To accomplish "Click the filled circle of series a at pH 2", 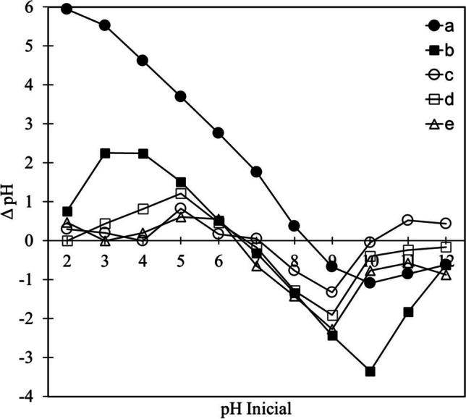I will click(67, 9).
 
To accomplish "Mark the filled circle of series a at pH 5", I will click(181, 96).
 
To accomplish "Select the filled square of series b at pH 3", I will click(105, 153).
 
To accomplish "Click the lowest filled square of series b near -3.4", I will click(370, 371).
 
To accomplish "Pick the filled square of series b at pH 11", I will click(408, 312).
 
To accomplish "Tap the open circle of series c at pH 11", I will click(408, 220).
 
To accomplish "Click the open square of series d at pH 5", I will click(181, 194).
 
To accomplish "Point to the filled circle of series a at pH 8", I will click(295, 226).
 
